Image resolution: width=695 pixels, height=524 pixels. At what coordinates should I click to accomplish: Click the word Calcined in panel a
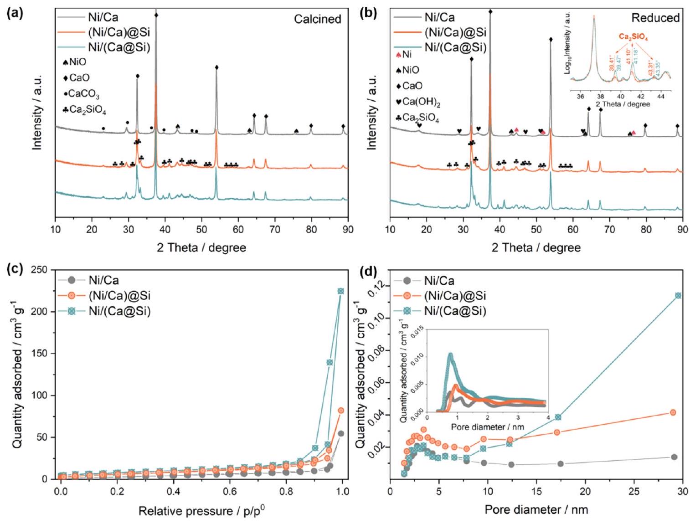(x=317, y=19)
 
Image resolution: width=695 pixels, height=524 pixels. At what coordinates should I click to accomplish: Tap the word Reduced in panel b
(x=655, y=18)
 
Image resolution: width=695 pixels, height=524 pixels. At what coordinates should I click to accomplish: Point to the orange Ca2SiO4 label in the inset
(x=633, y=37)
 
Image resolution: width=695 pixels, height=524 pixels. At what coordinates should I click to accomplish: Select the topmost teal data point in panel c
(x=340, y=291)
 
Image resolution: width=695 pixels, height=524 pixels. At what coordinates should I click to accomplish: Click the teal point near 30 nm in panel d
(x=678, y=295)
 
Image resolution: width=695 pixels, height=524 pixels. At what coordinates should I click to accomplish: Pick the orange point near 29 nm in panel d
(x=673, y=412)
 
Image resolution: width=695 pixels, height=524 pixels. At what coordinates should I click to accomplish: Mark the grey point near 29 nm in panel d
(x=674, y=457)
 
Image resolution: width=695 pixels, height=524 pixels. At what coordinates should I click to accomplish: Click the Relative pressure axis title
(x=201, y=511)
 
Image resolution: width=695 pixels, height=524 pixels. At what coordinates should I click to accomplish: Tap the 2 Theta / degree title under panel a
(x=201, y=248)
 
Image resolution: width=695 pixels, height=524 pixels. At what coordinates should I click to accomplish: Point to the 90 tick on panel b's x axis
(x=682, y=229)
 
